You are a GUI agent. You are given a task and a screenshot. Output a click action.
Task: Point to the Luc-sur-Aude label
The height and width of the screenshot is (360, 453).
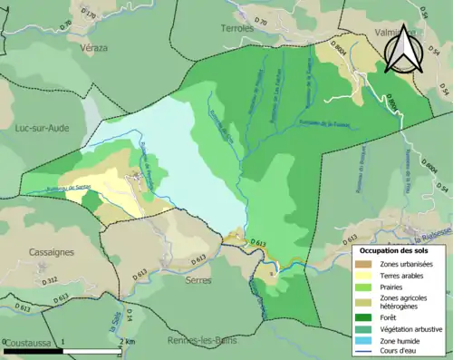pyautogui.click(x=43, y=129)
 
